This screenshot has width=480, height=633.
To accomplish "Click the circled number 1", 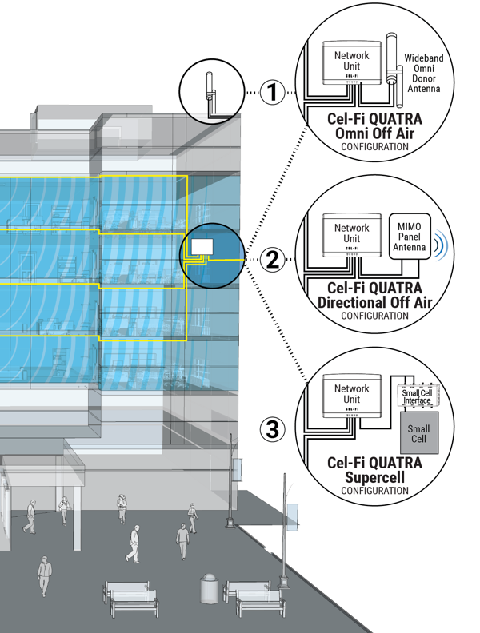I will coord(274,93).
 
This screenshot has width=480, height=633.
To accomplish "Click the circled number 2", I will coord(274,258).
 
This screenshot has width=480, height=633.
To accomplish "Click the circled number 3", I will coord(274,429).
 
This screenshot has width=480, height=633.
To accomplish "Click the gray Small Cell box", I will coord(418,434).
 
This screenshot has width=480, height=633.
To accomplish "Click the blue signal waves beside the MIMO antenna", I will coord(439,245).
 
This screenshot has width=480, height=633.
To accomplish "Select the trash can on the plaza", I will coord(210,588).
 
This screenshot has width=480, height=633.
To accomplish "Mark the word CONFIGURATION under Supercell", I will coord(374,491).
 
